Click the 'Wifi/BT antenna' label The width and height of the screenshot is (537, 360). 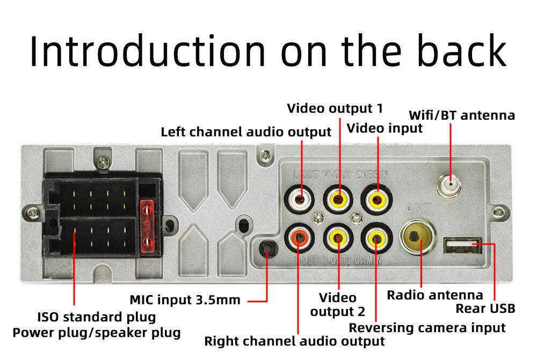[x=462, y=115]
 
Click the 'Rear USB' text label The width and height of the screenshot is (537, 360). [x=485, y=308]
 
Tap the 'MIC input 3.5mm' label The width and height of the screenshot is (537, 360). [x=185, y=299]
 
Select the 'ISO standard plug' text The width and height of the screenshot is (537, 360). [x=97, y=317]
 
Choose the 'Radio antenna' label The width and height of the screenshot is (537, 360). [x=435, y=295]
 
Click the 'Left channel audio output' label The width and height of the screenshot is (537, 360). [x=246, y=132]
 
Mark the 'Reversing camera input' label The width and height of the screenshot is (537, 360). [x=427, y=328]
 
